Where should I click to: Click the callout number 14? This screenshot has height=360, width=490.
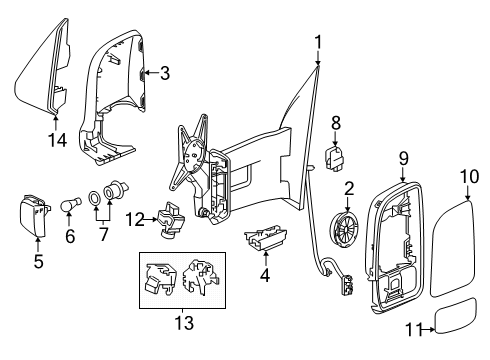click(57, 140)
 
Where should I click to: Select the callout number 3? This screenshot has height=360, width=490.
click(165, 73)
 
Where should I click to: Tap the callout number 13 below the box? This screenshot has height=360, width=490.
click(184, 323)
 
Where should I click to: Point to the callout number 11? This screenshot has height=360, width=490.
click(414, 330)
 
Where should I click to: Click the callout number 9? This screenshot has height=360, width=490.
click(403, 158)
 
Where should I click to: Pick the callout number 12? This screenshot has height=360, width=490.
click(135, 220)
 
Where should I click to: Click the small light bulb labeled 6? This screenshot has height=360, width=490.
click(71, 205)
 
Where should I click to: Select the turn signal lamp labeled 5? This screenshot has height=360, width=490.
click(34, 216)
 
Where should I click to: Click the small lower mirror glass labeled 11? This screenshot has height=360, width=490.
click(456, 316)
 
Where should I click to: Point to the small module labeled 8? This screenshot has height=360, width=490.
click(335, 157)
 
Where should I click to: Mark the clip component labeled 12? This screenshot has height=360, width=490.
click(170, 220)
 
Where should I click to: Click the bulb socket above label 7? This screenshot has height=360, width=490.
click(115, 190)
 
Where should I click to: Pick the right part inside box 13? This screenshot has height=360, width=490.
click(201, 276)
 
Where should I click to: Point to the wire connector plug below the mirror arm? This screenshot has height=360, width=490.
click(347, 284)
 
